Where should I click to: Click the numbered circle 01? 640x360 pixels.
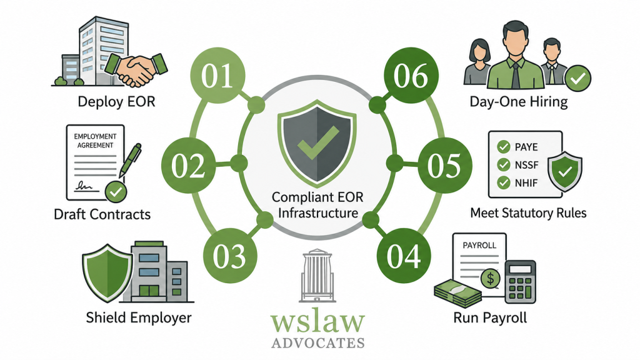tap(217, 75)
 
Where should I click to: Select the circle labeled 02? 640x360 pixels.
tap(188, 165)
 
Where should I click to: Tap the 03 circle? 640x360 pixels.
tap(230, 256)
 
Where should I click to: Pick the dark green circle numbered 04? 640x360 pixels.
tap(404, 256)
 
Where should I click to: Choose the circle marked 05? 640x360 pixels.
tap(445, 165)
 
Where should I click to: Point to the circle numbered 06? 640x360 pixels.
tap(411, 75)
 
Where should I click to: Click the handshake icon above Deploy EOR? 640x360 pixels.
tap(136, 70)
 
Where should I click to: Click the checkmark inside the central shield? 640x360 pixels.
tap(318, 142)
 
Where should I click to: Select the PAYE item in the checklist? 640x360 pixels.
tap(517, 147)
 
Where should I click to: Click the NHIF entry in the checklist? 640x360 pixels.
tap(517, 182)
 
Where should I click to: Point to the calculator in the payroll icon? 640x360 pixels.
tap(521, 282)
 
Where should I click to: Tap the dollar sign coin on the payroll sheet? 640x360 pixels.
tap(490, 279)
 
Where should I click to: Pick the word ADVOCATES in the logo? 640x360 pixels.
tap(318, 342)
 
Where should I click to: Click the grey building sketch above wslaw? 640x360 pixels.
tap(317, 276)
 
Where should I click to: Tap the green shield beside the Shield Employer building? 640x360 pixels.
tap(107, 273)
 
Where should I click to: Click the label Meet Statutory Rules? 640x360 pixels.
tap(528, 212)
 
